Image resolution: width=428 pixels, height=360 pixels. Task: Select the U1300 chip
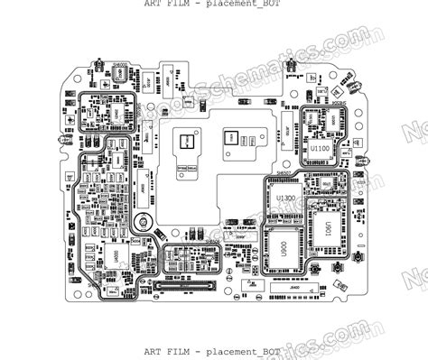coord(287,198)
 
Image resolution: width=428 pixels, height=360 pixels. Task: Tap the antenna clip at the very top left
coord(94,64)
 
